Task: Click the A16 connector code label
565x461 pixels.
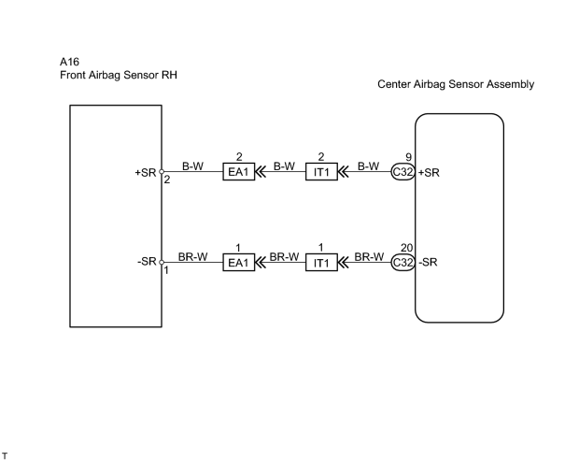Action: (69, 62)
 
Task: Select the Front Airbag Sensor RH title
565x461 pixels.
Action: (119, 75)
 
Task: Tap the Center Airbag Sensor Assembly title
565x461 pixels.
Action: (456, 84)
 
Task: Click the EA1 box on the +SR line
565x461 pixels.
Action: (238, 172)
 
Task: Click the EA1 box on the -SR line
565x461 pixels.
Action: (238, 262)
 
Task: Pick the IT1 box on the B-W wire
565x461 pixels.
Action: (321, 172)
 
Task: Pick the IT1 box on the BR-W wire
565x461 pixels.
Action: (321, 262)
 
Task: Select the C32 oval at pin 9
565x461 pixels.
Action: (403, 172)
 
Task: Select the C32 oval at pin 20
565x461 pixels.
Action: (403, 262)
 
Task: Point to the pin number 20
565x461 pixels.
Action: (406, 248)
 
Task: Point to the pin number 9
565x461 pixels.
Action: (408, 157)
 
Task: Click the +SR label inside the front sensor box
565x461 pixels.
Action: (146, 172)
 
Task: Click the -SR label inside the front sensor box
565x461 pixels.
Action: (147, 261)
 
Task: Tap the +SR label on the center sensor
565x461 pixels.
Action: (429, 172)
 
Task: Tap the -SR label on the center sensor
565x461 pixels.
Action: (428, 262)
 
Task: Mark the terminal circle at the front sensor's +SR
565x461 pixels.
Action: (162, 172)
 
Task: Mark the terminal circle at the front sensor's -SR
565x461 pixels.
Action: (162, 262)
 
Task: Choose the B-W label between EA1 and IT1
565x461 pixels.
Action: (284, 166)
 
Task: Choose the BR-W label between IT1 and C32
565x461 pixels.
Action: (369, 256)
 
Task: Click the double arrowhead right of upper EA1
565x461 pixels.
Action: (261, 172)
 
